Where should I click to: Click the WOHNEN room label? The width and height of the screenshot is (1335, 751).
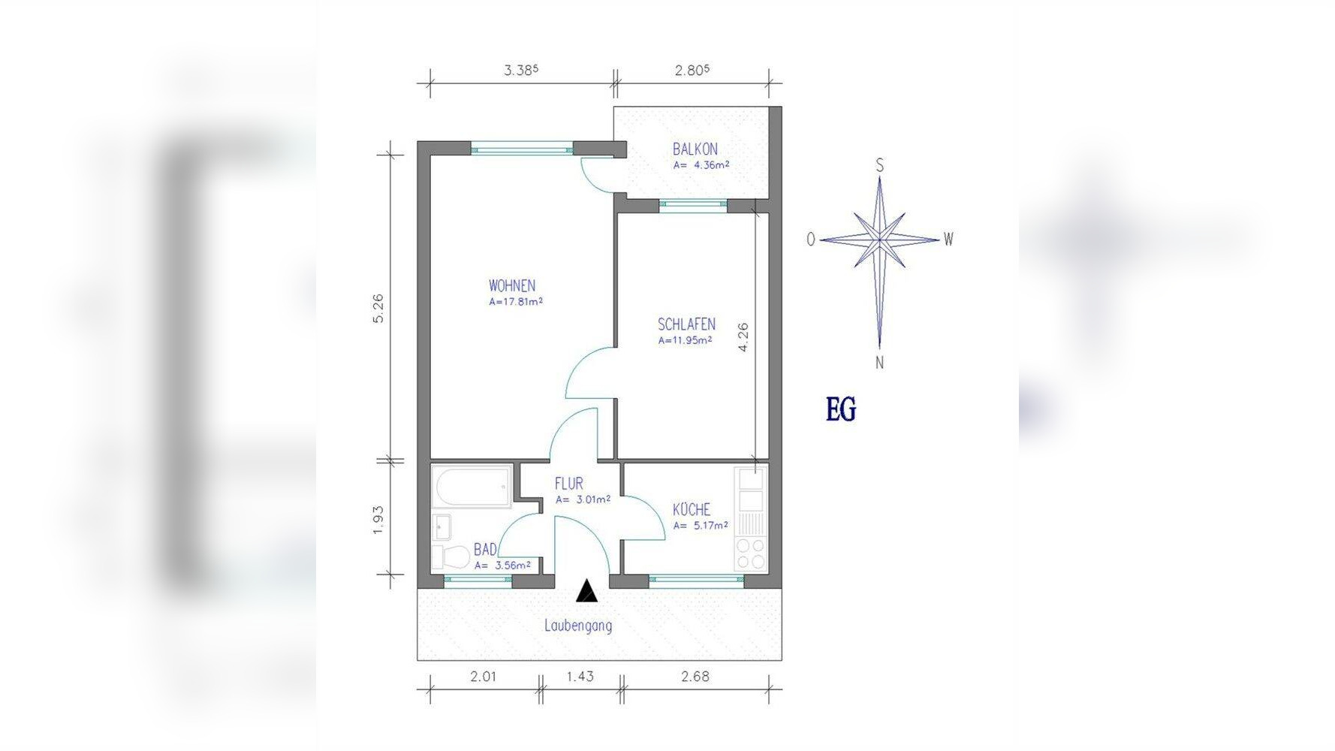pyautogui.click(x=512, y=285)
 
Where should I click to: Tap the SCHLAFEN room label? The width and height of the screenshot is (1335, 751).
pyautogui.click(x=686, y=324)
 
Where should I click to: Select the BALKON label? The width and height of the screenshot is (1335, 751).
pyautogui.click(x=695, y=149)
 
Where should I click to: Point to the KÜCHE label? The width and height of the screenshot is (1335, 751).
pyautogui.click(x=692, y=509)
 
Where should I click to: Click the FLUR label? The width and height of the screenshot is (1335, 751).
pyautogui.click(x=569, y=484)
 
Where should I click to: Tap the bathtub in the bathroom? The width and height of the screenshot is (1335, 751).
pyautogui.click(x=472, y=487)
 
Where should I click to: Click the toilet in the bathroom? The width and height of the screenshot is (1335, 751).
pyautogui.click(x=451, y=557)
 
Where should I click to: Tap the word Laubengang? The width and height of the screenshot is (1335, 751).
pyautogui.click(x=578, y=626)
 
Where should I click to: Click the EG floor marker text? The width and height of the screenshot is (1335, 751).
pyautogui.click(x=841, y=409)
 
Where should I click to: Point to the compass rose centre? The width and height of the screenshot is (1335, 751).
pyautogui.click(x=880, y=240)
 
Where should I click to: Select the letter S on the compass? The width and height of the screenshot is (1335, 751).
pyautogui.click(x=880, y=165)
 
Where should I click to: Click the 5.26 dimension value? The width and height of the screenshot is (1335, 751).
pyautogui.click(x=378, y=308)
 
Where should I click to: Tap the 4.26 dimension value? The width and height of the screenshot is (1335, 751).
pyautogui.click(x=743, y=337)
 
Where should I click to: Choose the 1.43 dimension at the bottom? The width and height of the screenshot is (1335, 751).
pyautogui.click(x=580, y=677)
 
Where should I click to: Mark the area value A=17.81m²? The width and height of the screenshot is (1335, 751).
pyautogui.click(x=516, y=302)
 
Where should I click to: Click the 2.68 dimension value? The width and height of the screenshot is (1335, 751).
pyautogui.click(x=695, y=677)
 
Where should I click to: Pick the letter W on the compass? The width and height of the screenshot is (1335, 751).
pyautogui.click(x=948, y=240)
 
